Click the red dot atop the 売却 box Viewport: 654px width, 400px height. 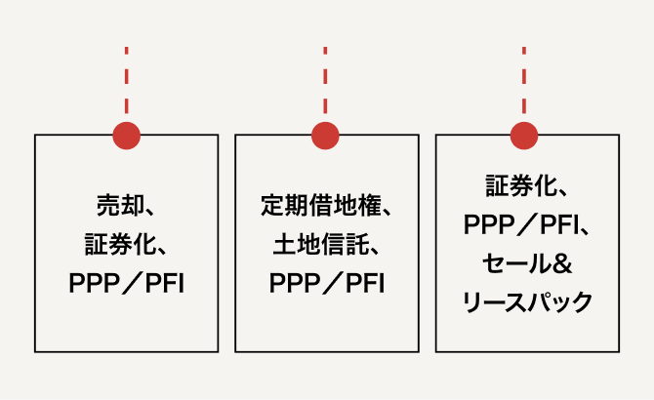[x=126, y=136]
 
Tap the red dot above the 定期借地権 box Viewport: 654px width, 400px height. [x=325, y=136]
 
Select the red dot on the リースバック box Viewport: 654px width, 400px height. [x=524, y=136]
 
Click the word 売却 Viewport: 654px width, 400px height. [x=116, y=205]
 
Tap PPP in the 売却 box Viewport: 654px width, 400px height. [x=92, y=284]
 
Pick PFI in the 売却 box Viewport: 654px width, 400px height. [x=164, y=284]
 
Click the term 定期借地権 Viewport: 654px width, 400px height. [x=317, y=205]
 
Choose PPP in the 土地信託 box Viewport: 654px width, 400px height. [x=292, y=284]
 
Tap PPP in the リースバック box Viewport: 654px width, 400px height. [x=487, y=224]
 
